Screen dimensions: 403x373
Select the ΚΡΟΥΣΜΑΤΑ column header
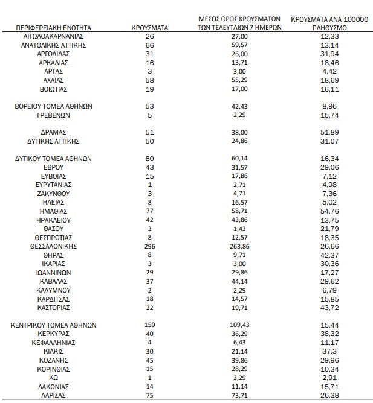149,28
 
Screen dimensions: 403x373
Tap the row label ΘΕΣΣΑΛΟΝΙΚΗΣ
54,246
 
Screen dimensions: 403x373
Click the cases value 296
149,246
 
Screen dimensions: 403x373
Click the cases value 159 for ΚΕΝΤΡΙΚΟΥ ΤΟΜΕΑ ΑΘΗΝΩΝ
149,325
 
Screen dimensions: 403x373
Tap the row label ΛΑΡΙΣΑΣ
54,395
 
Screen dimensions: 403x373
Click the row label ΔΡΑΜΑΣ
54,132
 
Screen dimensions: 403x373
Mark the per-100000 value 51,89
329,132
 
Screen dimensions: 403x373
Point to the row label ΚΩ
54,377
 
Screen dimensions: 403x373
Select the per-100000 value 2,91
329,377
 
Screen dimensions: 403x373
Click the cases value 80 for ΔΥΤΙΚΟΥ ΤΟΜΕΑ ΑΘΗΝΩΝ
149,159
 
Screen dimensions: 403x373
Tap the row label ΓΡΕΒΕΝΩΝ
54,115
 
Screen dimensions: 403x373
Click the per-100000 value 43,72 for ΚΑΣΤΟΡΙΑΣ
329,308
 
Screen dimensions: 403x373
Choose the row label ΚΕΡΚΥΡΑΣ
54,334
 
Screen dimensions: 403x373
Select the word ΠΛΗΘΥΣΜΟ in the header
329,28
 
